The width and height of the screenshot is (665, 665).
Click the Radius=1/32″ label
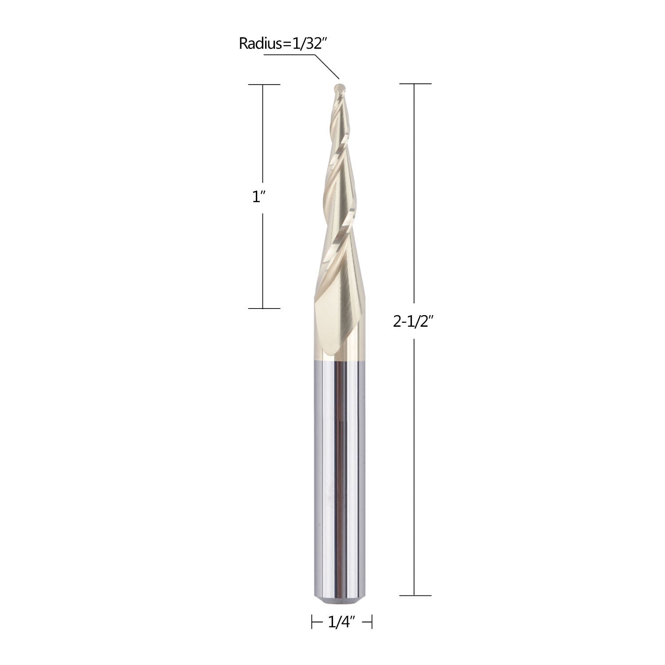(283, 43)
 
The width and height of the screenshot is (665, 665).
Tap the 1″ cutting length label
(258, 197)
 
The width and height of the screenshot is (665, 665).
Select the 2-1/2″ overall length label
(413, 322)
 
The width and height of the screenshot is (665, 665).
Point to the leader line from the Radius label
(301, 66)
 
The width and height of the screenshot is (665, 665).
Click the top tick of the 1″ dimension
(264, 84)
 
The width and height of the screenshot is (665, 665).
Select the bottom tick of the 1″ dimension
(264, 308)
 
